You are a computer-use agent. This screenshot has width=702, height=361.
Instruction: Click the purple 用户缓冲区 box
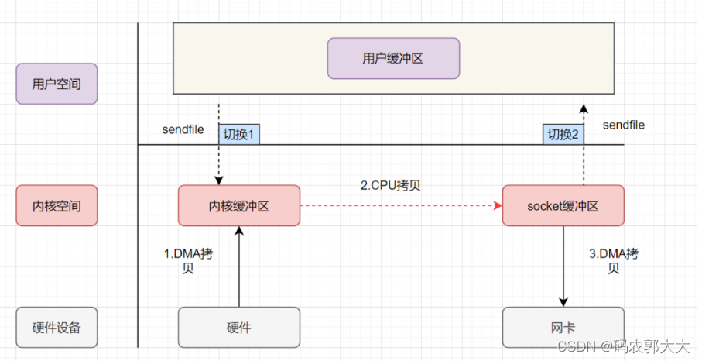393,59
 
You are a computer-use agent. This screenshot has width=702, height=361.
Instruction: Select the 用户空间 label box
57,84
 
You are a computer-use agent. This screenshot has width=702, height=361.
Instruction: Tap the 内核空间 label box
57,205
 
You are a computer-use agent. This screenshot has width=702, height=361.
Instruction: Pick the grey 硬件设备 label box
57,327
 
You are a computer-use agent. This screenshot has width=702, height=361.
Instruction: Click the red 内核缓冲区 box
238,205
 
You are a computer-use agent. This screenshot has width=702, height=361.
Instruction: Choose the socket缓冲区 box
563,205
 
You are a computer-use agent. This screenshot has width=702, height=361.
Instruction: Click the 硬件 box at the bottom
238,327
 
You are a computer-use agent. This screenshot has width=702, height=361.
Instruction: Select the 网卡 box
563,327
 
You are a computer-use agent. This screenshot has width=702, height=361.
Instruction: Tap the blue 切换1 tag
239,134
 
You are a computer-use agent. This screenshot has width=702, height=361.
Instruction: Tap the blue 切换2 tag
563,134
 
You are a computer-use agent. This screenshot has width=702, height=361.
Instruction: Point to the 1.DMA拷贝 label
187,261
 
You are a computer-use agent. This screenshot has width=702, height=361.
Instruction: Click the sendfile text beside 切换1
183,129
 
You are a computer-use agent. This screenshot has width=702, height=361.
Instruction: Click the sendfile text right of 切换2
623,125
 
